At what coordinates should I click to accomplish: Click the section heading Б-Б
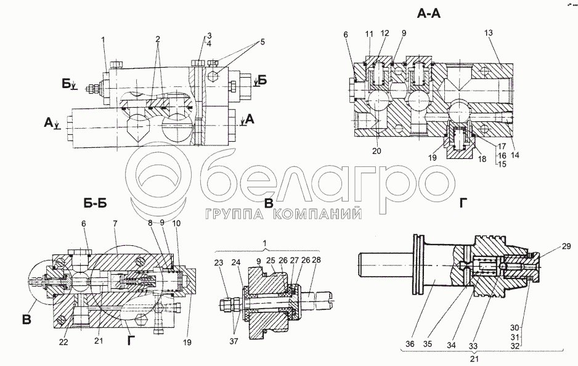pos(96,203)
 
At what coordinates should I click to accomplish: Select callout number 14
pos(515,155)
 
